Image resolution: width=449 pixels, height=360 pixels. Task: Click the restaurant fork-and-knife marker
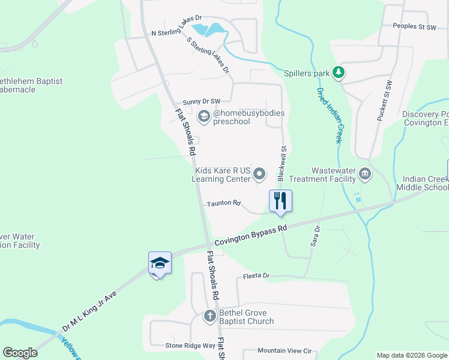[x=280, y=200]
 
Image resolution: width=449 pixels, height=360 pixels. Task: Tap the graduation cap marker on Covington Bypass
[x=160, y=263]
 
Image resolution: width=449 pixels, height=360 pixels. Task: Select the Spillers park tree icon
[x=339, y=73]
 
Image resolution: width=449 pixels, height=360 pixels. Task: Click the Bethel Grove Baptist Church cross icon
[x=210, y=316]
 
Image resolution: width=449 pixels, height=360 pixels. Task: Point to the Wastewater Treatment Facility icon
[x=365, y=175]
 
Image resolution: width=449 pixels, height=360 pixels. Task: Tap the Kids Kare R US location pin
[x=259, y=174]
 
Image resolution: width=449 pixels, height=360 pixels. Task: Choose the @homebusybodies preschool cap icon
[x=203, y=116]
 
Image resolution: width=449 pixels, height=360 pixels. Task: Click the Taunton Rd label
[x=223, y=203]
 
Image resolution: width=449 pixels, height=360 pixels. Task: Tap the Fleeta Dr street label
[x=257, y=276]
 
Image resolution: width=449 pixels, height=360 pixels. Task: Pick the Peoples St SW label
[x=414, y=26]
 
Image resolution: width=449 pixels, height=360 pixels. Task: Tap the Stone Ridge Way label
[x=190, y=346]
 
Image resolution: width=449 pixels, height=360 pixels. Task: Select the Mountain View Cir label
[x=285, y=350]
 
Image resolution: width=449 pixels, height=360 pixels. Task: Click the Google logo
[x=20, y=352]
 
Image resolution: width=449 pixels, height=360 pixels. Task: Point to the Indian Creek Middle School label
[x=426, y=184]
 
